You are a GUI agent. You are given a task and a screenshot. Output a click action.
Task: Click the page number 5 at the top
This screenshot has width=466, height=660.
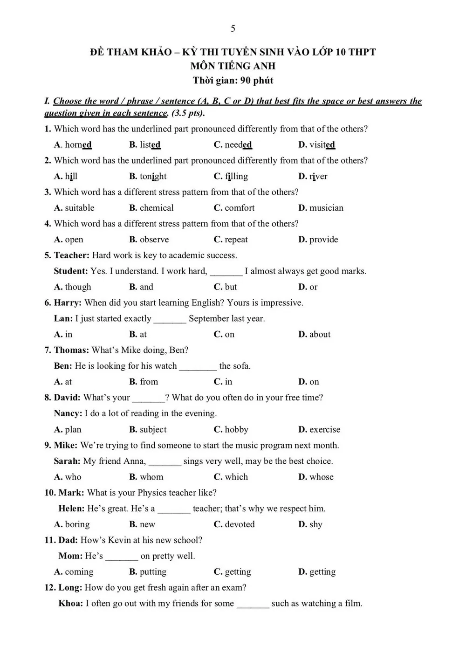(x=233, y=29)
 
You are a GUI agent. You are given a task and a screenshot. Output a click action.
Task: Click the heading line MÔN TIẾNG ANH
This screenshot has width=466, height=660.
(x=233, y=66)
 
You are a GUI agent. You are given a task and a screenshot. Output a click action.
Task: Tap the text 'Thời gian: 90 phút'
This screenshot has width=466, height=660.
(x=233, y=81)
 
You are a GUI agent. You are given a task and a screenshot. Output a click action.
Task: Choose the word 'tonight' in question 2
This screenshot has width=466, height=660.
(x=153, y=177)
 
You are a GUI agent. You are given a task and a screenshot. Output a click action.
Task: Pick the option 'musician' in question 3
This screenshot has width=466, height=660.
(x=326, y=208)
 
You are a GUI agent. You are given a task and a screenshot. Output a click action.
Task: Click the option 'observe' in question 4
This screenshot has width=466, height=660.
(x=154, y=240)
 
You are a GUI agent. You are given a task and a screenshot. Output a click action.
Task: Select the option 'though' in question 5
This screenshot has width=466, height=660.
(x=78, y=287)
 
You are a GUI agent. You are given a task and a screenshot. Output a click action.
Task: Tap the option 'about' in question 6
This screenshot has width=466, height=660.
(x=320, y=335)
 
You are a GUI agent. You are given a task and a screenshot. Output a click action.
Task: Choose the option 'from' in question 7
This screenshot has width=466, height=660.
(x=149, y=382)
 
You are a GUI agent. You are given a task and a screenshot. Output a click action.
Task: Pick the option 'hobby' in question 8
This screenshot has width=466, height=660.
(x=236, y=430)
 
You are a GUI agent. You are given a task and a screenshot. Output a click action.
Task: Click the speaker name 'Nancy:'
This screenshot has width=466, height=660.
(x=68, y=413)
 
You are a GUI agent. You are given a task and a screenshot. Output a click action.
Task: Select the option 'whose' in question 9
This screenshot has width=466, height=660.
(x=321, y=477)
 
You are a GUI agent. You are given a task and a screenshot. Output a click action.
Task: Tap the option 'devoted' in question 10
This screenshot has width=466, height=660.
(x=240, y=525)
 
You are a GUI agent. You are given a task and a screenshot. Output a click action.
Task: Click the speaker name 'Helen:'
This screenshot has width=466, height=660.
(x=71, y=509)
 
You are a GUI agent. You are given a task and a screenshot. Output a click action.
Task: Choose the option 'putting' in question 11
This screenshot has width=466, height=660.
(x=153, y=572)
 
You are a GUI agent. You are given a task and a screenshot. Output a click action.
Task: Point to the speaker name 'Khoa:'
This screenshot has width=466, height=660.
(x=71, y=604)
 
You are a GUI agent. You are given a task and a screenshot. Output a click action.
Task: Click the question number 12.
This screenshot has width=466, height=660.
(x=50, y=588)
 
